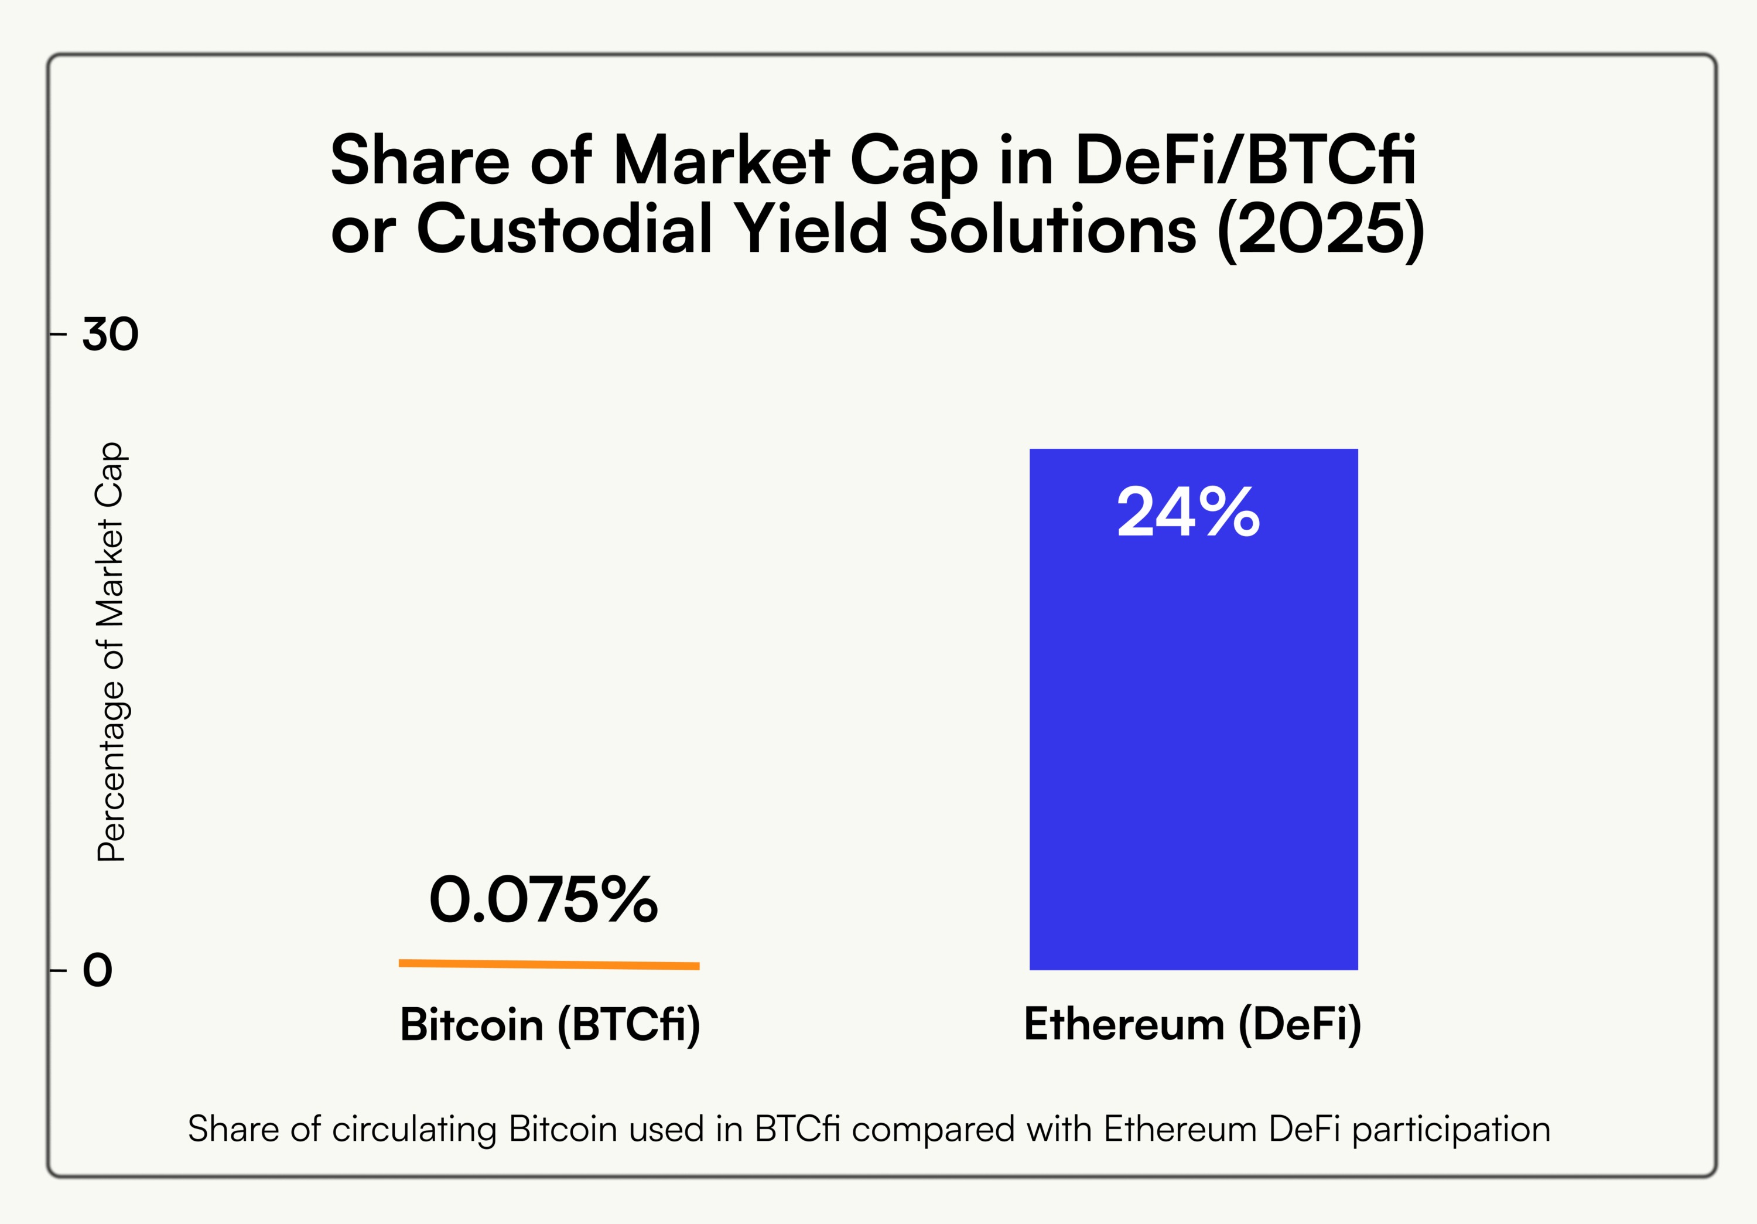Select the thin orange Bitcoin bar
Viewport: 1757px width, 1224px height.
pyautogui.click(x=549, y=964)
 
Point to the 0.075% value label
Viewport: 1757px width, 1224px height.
pyautogui.click(x=543, y=899)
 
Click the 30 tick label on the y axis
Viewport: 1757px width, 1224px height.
pyautogui.click(x=110, y=334)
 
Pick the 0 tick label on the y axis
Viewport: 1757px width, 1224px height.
pyautogui.click(x=98, y=970)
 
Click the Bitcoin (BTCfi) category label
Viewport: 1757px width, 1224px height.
pyautogui.click(x=549, y=1024)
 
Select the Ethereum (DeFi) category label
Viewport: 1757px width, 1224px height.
pyautogui.click(x=1192, y=1024)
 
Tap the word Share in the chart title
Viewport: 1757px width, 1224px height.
pyautogui.click(x=420, y=160)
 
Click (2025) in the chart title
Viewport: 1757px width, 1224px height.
pyautogui.click(x=1321, y=229)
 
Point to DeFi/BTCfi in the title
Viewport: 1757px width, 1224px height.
pyautogui.click(x=1245, y=160)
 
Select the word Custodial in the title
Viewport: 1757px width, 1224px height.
pyautogui.click(x=565, y=229)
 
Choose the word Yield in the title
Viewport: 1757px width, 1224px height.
pyautogui.click(x=811, y=229)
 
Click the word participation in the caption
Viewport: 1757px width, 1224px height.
pyautogui.click(x=1451, y=1130)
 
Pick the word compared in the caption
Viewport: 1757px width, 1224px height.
pyautogui.click(x=933, y=1130)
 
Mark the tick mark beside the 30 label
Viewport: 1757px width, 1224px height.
pyautogui.click(x=58, y=334)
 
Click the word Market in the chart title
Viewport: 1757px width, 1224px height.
pyautogui.click(x=722, y=160)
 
